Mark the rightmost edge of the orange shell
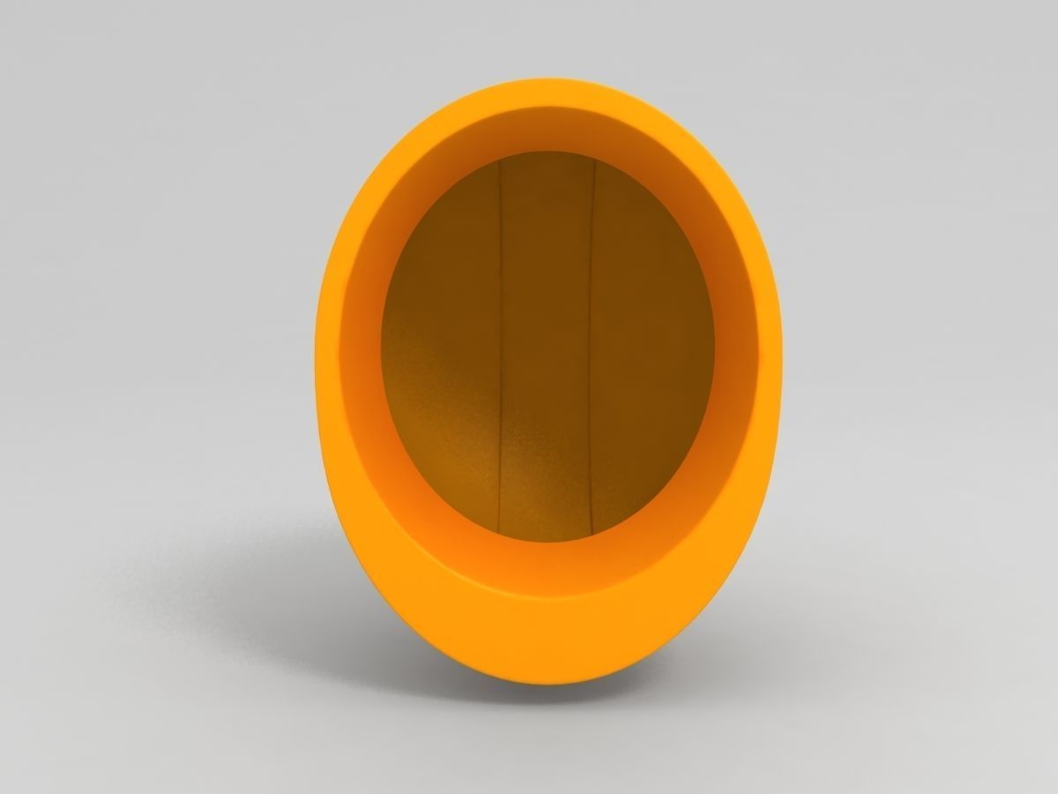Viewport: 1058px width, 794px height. (781, 371)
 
